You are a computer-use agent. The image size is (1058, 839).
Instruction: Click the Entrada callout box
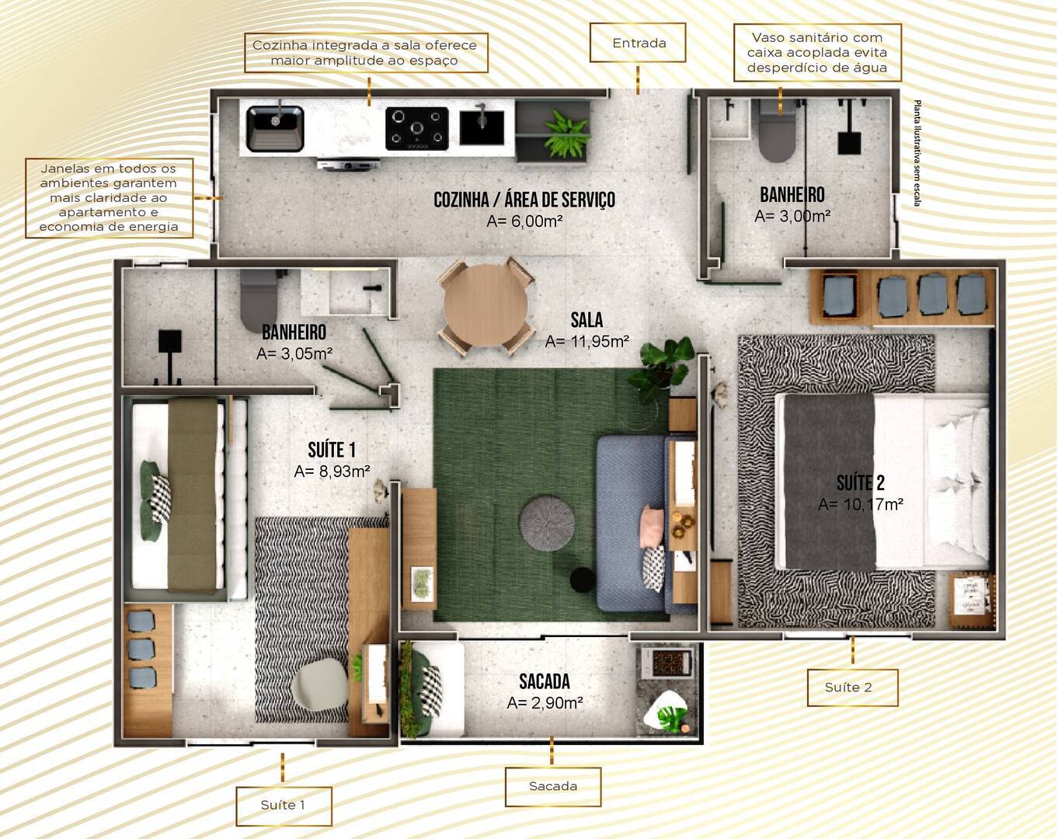638,43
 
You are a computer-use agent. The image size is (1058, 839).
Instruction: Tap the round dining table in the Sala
485,305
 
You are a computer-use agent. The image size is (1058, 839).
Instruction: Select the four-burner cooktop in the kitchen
417,128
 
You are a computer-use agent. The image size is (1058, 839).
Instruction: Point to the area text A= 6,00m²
524,221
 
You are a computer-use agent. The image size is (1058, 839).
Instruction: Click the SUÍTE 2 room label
860,482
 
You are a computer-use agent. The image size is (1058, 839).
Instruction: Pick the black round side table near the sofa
582,579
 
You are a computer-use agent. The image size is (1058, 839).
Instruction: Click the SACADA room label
544,682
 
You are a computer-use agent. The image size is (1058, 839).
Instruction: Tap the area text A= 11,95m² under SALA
586,341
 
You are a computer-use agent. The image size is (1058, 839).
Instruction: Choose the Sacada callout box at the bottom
552,786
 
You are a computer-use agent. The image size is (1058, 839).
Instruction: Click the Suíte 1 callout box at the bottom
284,806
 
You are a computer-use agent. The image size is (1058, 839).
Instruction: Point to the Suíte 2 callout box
851,688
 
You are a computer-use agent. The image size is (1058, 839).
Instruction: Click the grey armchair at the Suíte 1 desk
319,684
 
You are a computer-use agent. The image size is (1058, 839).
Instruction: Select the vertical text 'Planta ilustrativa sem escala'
917,153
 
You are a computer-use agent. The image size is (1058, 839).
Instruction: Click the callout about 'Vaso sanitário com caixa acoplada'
816,53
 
